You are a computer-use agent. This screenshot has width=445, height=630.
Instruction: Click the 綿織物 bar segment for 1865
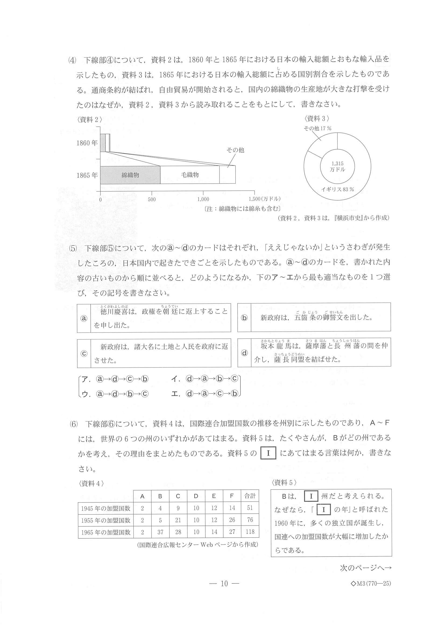click(x=130, y=175)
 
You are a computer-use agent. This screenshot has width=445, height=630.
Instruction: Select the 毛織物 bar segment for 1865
click(x=190, y=175)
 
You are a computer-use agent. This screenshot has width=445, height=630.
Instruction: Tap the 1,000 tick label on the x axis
click(x=203, y=199)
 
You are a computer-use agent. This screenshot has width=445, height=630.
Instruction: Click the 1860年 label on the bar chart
click(x=87, y=143)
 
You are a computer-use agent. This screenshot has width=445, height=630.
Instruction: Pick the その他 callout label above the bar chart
click(x=235, y=150)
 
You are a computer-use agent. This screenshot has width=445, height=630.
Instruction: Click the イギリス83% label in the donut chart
click(x=338, y=189)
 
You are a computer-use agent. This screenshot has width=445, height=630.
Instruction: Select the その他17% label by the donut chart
click(x=317, y=128)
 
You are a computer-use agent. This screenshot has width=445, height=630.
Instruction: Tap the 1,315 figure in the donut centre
click(x=337, y=163)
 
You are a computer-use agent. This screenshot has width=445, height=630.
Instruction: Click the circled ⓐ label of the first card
click(x=84, y=318)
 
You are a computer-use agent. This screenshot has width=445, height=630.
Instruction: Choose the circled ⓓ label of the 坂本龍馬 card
click(x=244, y=353)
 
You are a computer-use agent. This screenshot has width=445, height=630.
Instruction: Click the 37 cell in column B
click(x=160, y=532)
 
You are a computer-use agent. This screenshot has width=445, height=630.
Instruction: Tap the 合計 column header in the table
click(x=250, y=496)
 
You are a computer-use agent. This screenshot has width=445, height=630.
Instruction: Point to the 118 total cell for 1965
click(x=250, y=532)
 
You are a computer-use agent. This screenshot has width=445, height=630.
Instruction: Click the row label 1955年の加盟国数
click(x=105, y=520)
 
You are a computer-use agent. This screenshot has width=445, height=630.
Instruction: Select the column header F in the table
click(x=232, y=496)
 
